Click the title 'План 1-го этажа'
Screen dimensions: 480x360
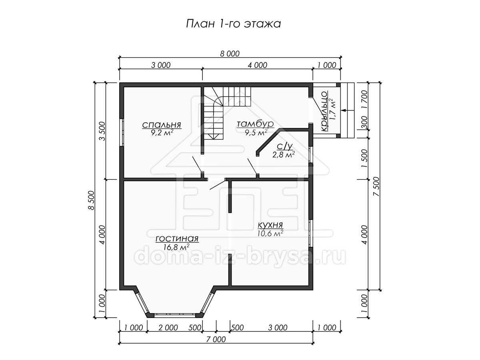click(x=233, y=24)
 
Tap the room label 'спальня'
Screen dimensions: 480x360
click(x=162, y=125)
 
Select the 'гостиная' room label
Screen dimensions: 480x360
click(x=177, y=238)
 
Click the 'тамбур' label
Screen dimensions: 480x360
click(x=255, y=124)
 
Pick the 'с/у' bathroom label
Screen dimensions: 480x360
click(x=284, y=146)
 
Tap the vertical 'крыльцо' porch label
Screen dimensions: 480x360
click(x=324, y=112)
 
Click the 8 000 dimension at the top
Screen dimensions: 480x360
click(x=230, y=54)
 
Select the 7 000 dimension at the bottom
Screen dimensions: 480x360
click(x=216, y=339)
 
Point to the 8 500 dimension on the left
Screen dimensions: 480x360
click(x=91, y=200)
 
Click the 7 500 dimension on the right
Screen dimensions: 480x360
click(x=376, y=186)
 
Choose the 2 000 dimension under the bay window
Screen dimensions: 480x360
click(x=168, y=328)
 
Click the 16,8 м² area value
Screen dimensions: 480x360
click(x=176, y=247)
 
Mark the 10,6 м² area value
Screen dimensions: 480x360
click(x=270, y=233)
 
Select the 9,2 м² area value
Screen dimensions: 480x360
click(x=162, y=132)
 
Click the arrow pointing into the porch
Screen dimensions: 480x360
click(x=348, y=110)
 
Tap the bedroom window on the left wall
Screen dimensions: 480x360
click(x=122, y=132)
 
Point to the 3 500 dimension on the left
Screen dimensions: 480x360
click(x=102, y=131)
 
